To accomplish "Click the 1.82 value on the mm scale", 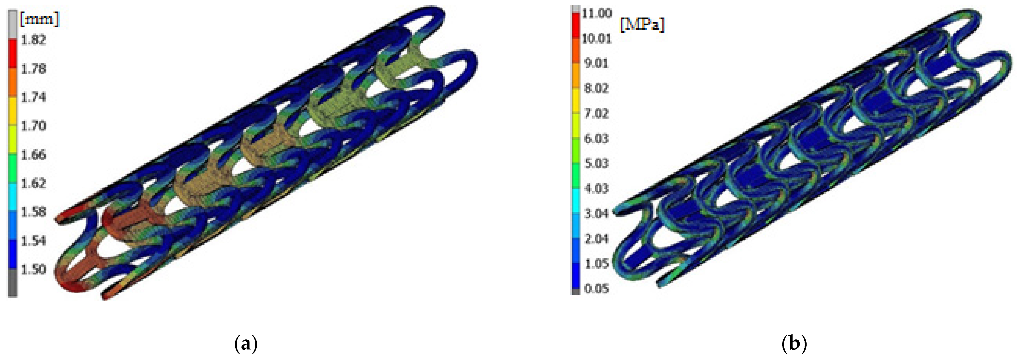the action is click(x=33, y=40).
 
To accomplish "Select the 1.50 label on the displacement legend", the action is click(x=33, y=270).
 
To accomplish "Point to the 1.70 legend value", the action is click(x=33, y=126).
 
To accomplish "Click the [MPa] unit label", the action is click(x=642, y=25).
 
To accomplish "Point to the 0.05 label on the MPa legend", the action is click(x=596, y=289).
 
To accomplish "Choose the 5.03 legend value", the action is click(x=596, y=163).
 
